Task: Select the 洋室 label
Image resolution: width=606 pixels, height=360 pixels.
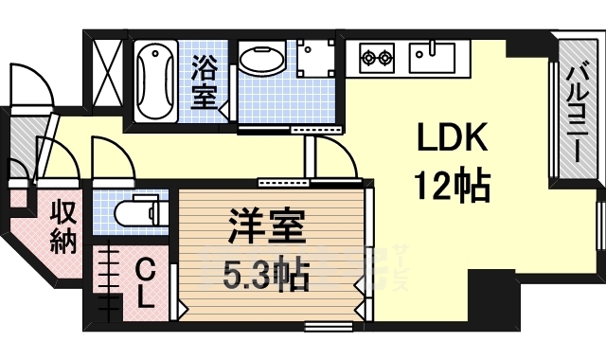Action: click(x=266, y=229)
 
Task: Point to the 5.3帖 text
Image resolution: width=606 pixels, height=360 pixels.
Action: click(x=266, y=275)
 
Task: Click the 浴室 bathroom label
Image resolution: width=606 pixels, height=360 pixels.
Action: click(x=205, y=81)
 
